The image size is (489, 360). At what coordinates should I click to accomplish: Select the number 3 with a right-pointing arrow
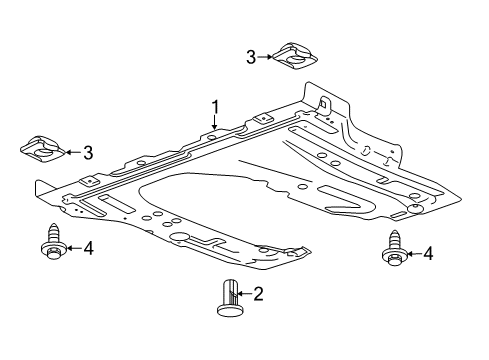click(x=251, y=57)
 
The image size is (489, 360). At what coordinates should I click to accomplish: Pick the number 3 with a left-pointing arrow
click(x=88, y=153)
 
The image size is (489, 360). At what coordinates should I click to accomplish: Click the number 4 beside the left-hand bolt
click(x=88, y=247)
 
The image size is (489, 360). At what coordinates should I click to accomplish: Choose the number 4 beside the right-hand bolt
click(x=428, y=255)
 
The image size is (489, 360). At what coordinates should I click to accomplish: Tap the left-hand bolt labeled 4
click(x=49, y=244)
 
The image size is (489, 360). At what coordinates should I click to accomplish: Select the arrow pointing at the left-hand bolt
click(x=71, y=247)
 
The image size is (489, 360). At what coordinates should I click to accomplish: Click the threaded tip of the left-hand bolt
click(x=49, y=230)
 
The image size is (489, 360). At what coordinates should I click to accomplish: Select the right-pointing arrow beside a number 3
click(x=266, y=57)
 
